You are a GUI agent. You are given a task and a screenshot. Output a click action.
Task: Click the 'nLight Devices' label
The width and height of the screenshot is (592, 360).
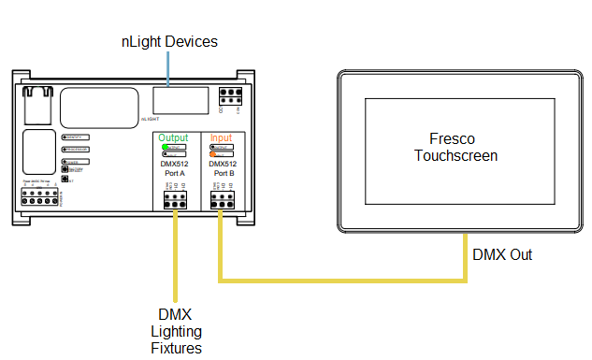[x=169, y=41]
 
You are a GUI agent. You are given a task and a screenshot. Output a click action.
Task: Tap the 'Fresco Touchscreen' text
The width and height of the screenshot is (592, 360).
[x=455, y=147]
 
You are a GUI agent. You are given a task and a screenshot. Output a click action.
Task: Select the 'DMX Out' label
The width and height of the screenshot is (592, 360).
[x=503, y=254]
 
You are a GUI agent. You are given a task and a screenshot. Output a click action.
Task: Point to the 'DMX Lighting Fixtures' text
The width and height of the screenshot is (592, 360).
[x=176, y=332]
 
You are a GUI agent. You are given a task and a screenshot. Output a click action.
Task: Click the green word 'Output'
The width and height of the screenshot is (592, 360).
[x=173, y=138]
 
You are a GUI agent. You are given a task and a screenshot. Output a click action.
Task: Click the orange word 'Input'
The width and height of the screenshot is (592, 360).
[x=222, y=138]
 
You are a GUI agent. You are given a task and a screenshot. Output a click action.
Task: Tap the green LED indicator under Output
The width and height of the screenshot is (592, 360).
[x=166, y=148]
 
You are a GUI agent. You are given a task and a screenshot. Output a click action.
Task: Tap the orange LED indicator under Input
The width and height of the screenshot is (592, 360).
[x=214, y=153]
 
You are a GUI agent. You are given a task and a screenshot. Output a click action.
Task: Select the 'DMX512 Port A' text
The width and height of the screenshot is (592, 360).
[x=175, y=168]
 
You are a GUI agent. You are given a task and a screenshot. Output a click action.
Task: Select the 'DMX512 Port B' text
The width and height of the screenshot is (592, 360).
[x=224, y=168]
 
